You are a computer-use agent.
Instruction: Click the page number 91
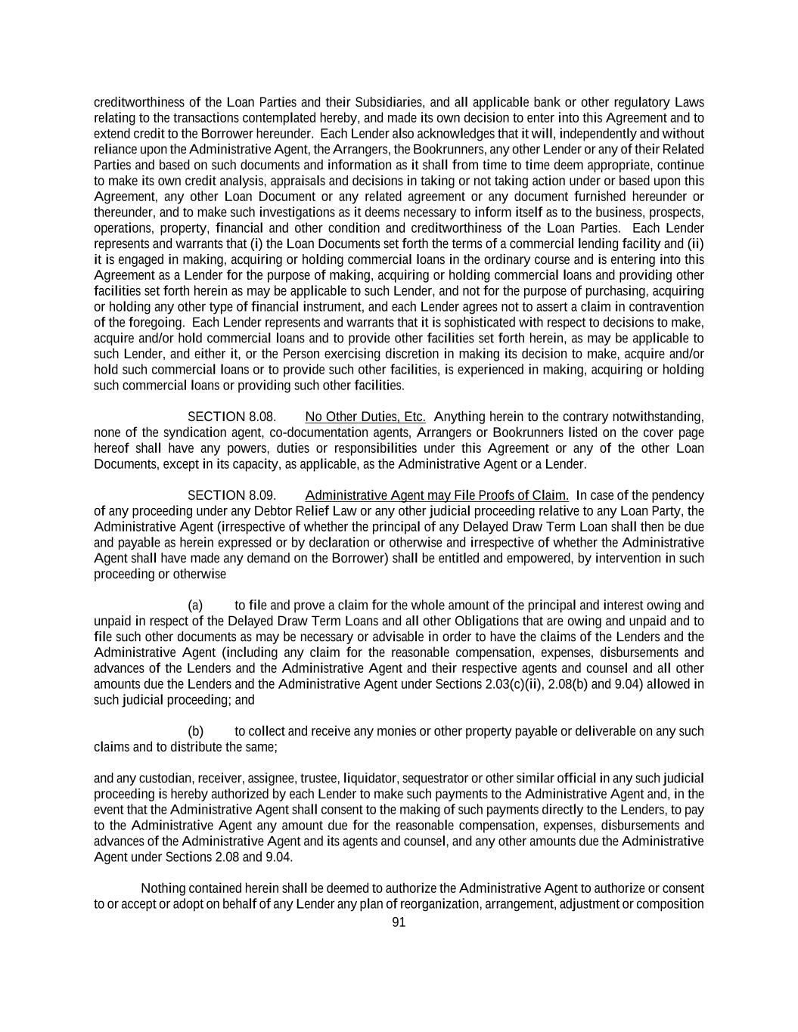coord(399,922)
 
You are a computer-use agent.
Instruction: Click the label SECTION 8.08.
coord(231,417)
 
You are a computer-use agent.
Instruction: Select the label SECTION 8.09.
coord(231,495)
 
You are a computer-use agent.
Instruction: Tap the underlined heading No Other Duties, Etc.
coord(365,417)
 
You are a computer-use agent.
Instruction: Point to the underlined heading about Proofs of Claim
coord(436,495)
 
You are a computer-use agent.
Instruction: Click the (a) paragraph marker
coord(195,605)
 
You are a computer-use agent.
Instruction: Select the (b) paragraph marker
coord(195,731)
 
